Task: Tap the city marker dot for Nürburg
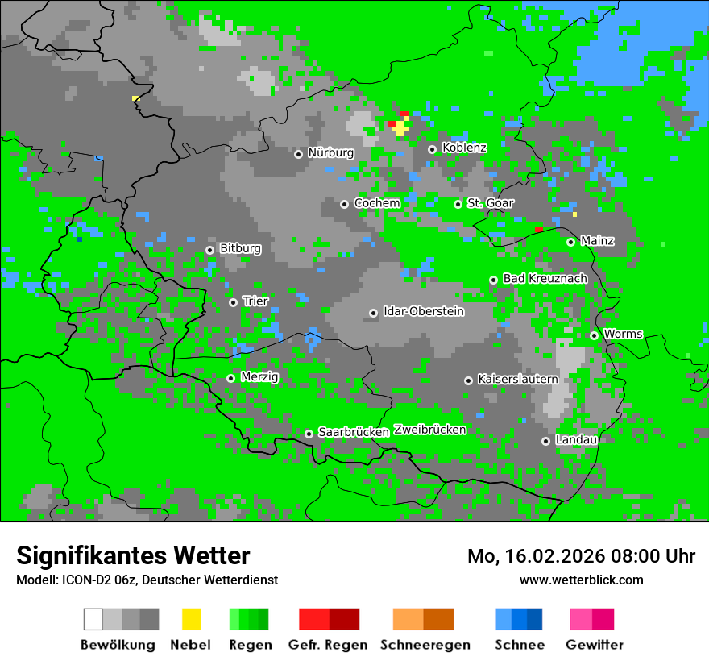pos(298,153)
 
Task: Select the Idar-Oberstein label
pos(424,311)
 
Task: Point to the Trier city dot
pos(233,302)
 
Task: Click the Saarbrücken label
pos(354,432)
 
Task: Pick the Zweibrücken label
pos(430,430)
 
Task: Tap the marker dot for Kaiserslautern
pos(468,380)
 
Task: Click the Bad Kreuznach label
pos(545,278)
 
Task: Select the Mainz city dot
pos(570,242)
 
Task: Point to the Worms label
pos(623,334)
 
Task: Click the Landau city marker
pos(545,441)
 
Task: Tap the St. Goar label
pos(490,203)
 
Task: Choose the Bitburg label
pos(240,248)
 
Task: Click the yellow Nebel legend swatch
pos(191,619)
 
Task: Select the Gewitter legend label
pos(594,645)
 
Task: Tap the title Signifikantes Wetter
pos(133,555)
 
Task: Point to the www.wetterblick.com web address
pos(581,580)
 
